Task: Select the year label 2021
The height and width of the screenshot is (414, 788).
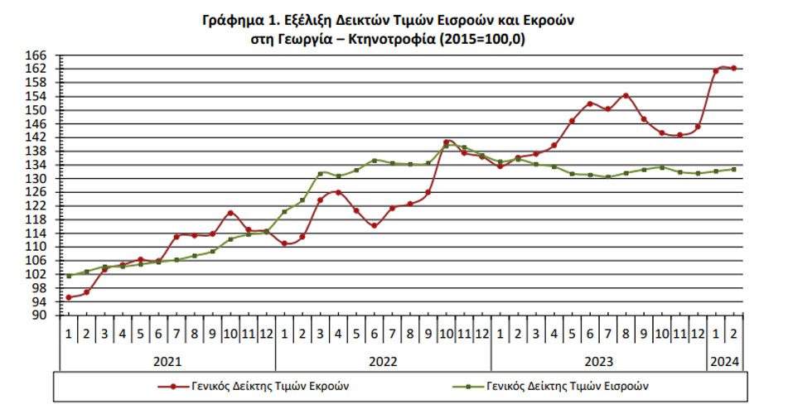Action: point(167,361)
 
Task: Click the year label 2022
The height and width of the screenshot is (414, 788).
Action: point(383,361)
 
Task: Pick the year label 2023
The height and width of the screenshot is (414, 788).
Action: point(598,361)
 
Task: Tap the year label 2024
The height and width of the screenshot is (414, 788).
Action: point(725,361)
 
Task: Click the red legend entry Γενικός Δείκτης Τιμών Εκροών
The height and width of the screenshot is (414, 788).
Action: point(254,386)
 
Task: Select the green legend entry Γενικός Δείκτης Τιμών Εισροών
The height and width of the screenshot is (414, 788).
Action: point(550,386)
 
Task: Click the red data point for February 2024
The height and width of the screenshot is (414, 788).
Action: point(733,69)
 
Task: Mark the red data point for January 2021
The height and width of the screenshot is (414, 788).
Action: point(69,297)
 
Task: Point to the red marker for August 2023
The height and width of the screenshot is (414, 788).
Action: point(626,95)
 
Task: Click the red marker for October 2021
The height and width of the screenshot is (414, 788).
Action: point(230,213)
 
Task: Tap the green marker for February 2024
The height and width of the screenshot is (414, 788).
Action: point(733,169)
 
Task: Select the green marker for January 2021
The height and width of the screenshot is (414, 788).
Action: point(69,276)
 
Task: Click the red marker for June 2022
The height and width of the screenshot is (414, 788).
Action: point(375,225)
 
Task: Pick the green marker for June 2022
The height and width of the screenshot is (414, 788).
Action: point(375,161)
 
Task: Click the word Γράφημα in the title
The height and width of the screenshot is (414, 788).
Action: point(227,21)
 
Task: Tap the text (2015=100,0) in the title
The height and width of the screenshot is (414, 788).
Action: point(482,39)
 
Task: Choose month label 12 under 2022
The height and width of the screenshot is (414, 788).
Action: point(482,334)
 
